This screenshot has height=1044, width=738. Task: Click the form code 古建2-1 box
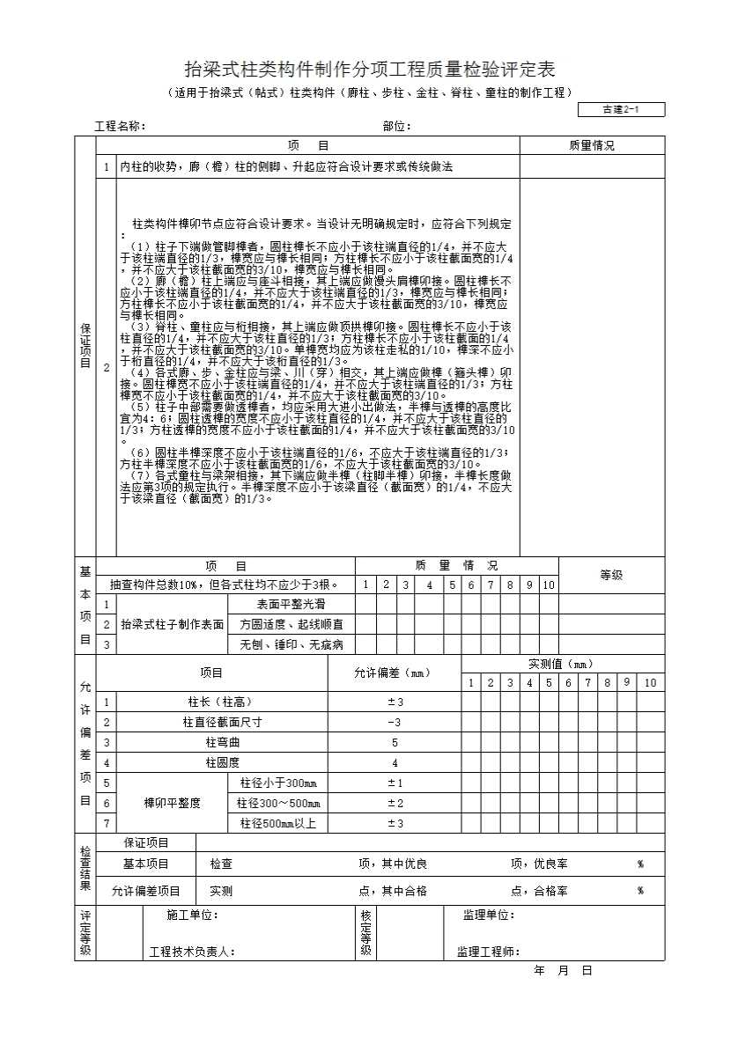coord(621,110)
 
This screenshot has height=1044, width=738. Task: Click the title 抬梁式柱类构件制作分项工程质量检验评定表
coord(369,70)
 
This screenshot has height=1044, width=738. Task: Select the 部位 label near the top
coord(396,127)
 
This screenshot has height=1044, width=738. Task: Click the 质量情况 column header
coord(592,146)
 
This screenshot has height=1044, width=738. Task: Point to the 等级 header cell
coord(611,575)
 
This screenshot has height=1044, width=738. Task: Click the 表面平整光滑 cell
coord(291,605)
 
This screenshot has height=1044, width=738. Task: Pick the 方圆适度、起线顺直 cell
coord(291,624)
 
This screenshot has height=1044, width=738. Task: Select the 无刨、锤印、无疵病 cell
coord(291,644)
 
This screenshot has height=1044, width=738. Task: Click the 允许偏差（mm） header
coord(394,673)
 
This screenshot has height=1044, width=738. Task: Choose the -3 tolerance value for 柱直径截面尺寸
coord(394,723)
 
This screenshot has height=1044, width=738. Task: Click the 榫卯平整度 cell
coord(172,803)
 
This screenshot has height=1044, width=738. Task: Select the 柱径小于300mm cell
coord(277,783)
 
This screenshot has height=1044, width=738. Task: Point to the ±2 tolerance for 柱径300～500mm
coord(395,803)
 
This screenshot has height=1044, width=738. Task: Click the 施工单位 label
coord(192,915)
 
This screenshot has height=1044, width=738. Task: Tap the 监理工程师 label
coord(488,952)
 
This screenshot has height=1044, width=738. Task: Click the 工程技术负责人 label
coord(191,952)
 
